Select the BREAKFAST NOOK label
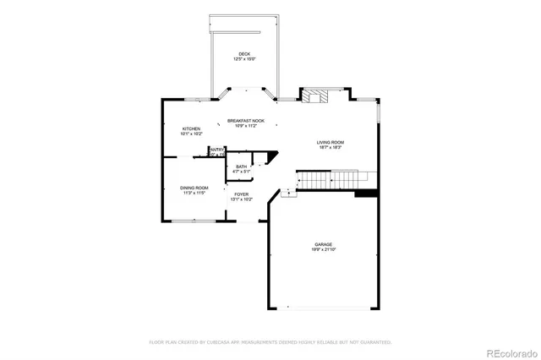pos(246,121)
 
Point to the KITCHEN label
pos(190,128)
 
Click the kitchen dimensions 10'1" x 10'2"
pos(190,134)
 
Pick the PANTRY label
pos(216,150)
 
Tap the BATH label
pos(242,166)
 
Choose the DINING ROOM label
pos(194,188)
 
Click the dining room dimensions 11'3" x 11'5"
pos(194,194)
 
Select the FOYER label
pos(242,194)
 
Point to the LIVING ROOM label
pos(331,142)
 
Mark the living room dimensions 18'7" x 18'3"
pos(331,148)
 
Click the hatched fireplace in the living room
pos(315,95)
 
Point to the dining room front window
pos(193,221)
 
